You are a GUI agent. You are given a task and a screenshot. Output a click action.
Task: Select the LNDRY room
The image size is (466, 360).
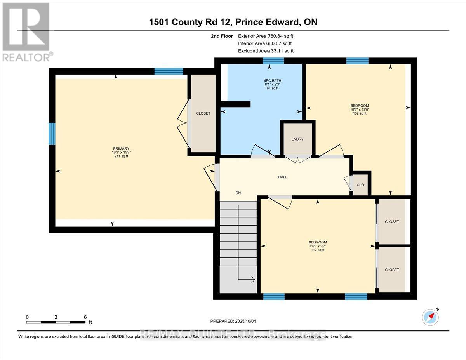pos(297,139)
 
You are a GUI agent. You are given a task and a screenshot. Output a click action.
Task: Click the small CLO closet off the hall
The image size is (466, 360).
pos(360,185)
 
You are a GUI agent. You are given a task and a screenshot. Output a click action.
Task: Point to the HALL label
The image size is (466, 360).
pos(282,177)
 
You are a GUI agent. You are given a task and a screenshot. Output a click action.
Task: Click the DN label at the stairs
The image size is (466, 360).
pos(238,193)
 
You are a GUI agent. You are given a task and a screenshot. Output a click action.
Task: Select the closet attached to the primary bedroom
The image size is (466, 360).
pos(203,113)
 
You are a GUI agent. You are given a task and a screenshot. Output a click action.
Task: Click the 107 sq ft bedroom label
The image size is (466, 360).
pos(360,109)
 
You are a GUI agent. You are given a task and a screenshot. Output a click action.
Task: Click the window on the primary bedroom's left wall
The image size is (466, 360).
pos(52,134)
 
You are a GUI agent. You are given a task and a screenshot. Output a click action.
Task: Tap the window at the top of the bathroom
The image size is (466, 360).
pos(273,61)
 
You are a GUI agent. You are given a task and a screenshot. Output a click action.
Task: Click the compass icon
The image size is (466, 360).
pos(429,317)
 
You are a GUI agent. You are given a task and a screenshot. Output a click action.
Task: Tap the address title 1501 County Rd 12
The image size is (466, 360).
pos(233,22)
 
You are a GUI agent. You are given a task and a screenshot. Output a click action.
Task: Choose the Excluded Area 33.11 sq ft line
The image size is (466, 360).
pos(266,51)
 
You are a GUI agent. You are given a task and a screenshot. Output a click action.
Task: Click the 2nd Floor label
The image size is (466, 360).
pos(219,36)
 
